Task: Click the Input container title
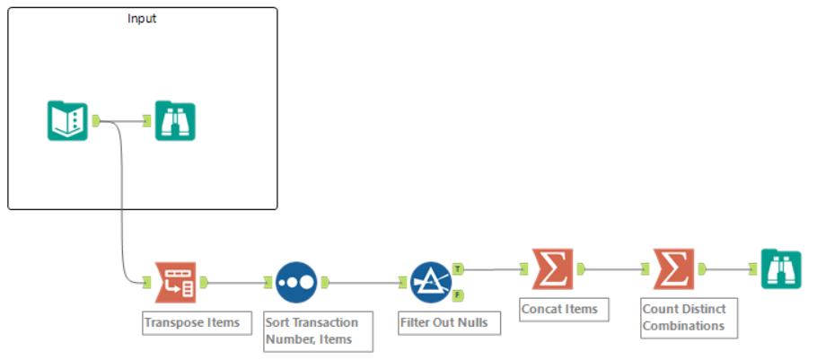pos(143,19)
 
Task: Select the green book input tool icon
pos(67,121)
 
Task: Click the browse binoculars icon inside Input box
pos(175,121)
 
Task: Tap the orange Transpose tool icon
pos(175,283)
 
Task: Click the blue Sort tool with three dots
pos(296,283)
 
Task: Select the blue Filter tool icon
pos(431,283)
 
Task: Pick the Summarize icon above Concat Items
pos(552,268)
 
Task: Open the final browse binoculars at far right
pos(781,268)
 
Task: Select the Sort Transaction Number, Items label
pos(312,330)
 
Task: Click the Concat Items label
pos(558,310)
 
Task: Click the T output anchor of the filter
pos(459,268)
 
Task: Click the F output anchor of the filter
pos(459,294)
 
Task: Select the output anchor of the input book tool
pos(96,121)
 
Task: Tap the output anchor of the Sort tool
pos(326,283)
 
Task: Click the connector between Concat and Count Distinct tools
pos(613,268)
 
